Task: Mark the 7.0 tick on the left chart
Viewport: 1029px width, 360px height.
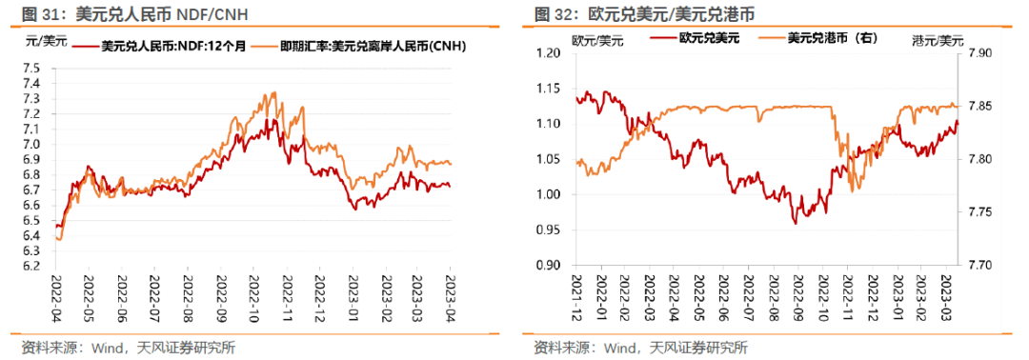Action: point(30,144)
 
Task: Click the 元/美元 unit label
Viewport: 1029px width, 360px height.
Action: point(45,41)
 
